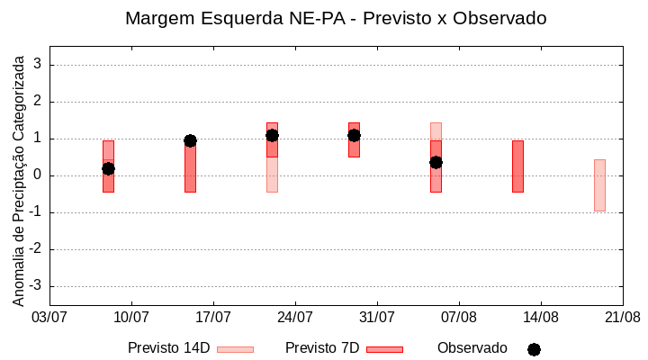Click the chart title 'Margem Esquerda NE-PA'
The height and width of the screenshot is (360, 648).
pyautogui.click(x=336, y=18)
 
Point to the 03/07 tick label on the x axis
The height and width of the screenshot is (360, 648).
pyautogui.click(x=49, y=318)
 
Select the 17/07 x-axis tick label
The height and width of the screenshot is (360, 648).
pyautogui.click(x=213, y=318)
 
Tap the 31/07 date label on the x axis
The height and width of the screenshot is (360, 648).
pyautogui.click(x=377, y=318)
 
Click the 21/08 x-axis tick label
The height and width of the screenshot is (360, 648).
pyautogui.click(x=622, y=318)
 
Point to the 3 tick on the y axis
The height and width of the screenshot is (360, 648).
pyautogui.click(x=38, y=65)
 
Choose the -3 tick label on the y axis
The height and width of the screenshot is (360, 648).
pyautogui.click(x=35, y=286)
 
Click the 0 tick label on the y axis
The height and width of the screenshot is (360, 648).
pyautogui.click(x=38, y=175)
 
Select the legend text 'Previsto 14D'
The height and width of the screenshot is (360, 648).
pyautogui.click(x=168, y=348)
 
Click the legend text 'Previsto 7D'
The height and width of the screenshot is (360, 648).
pyautogui.click(x=322, y=348)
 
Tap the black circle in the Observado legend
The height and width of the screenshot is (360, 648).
pyautogui.click(x=534, y=349)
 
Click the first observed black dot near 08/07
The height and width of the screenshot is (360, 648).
pyautogui.click(x=108, y=168)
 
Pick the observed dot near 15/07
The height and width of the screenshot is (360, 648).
pyautogui.click(x=190, y=140)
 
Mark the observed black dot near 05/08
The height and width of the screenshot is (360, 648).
pyautogui.click(x=436, y=162)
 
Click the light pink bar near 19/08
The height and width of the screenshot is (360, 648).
pyautogui.click(x=599, y=184)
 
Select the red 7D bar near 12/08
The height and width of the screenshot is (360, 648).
pyautogui.click(x=517, y=166)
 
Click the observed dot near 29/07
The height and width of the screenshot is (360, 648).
pyautogui.click(x=354, y=135)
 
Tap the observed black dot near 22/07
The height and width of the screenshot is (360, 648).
pyautogui.click(x=272, y=135)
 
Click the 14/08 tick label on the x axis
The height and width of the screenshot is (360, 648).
pyautogui.click(x=540, y=318)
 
